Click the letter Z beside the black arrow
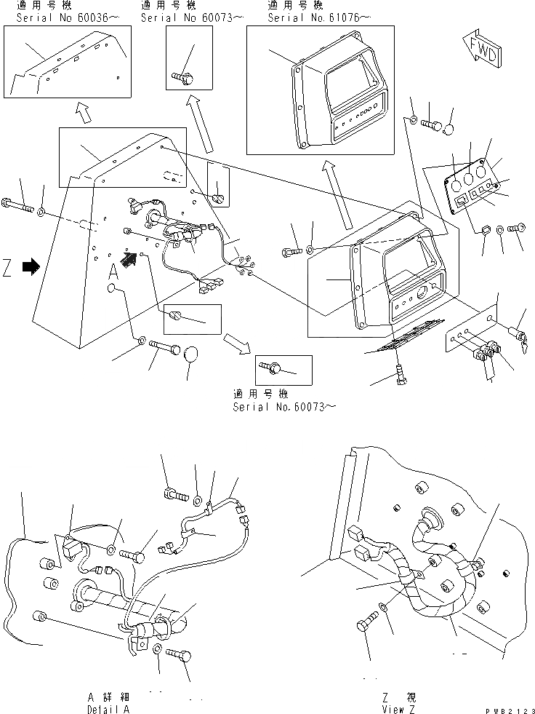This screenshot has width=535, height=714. click(8, 269)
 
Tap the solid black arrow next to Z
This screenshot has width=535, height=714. click(31, 267)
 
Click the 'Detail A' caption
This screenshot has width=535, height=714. click(109, 708)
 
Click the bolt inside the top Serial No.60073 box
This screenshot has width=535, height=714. click(180, 74)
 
